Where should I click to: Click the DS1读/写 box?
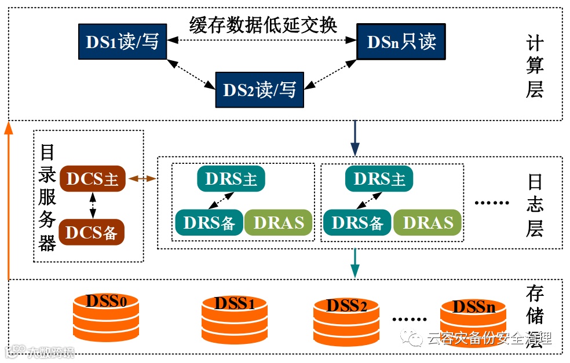coord(122,42)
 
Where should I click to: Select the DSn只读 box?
coord(401,42)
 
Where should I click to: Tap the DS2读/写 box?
coord(260,90)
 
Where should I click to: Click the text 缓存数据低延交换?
coord(263,25)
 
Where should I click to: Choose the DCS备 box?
coord(92,232)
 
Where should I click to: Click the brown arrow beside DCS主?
coord(142,179)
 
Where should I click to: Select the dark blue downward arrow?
coord(355,139)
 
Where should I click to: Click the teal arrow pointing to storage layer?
coord(355,264)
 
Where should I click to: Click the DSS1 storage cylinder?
coord(235,320)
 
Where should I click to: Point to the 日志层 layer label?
coord(534,206)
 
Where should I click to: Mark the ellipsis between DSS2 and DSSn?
coord(409,319)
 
